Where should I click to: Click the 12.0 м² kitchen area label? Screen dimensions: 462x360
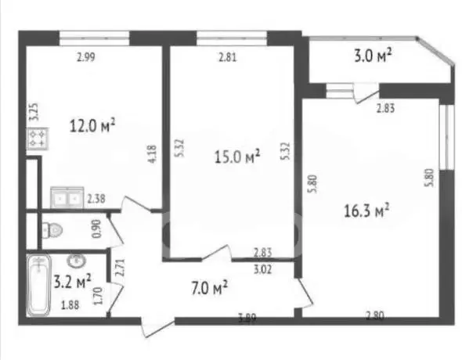click(92, 126)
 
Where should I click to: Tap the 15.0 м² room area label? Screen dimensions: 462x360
click(237, 157)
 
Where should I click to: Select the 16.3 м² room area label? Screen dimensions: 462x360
click(366, 211)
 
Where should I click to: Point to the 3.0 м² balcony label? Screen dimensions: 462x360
click(373, 56)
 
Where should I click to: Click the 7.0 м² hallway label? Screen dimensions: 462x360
click(210, 288)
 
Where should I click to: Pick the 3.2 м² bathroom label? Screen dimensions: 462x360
click(73, 282)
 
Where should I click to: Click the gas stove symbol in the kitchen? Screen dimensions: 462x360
click(38, 139)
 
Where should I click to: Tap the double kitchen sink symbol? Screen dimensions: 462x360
click(67, 197)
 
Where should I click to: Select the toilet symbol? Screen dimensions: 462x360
click(52, 230)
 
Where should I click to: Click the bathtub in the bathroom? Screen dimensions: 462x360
click(38, 285)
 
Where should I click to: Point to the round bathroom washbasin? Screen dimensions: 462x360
click(77, 260)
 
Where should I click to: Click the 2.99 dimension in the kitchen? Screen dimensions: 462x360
click(86, 57)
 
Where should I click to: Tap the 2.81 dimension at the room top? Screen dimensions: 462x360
click(227, 57)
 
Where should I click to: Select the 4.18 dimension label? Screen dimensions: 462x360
click(152, 154)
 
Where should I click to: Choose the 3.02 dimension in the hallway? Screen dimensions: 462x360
click(262, 269)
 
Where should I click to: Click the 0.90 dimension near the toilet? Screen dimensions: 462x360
click(97, 229)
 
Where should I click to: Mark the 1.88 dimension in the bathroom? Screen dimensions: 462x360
click(70, 305)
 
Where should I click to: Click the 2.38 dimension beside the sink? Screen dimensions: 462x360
click(96, 199)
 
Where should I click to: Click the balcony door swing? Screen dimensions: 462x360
click(366, 94)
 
